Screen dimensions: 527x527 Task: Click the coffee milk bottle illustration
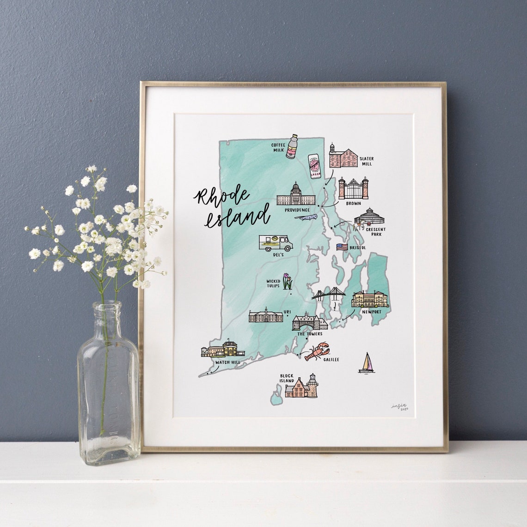click(x=292, y=147)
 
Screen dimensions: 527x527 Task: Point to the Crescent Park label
click(x=376, y=231)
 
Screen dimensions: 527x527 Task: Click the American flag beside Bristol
click(x=342, y=247)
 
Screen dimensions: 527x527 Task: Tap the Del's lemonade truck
click(x=275, y=243)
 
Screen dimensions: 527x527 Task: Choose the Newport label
click(x=372, y=312)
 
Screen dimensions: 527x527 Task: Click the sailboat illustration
click(x=367, y=363)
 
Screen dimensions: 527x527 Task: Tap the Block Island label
click(x=287, y=378)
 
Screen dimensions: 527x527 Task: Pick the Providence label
click(x=297, y=210)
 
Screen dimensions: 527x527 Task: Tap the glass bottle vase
click(x=109, y=384)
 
